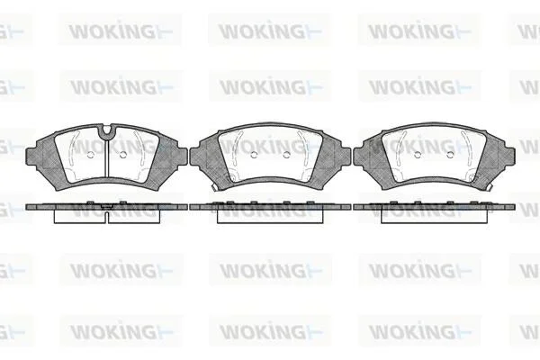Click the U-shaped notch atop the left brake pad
(107, 130)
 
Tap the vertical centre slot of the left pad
(107, 158)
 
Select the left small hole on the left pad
(91, 155)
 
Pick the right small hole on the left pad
(123, 155)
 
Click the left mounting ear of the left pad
(31, 157)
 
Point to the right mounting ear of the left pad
(182, 157)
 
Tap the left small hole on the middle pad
(254, 155)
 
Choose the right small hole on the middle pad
(286, 155)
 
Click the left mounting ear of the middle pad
(195, 157)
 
